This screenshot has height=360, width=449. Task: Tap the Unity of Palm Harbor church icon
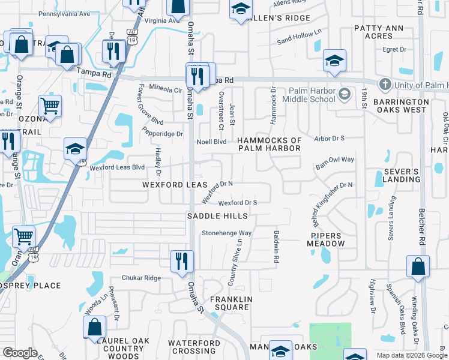click(x=385, y=84)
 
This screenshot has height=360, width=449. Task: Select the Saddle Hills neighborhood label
click(x=217, y=216)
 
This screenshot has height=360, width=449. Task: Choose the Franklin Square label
click(x=230, y=303)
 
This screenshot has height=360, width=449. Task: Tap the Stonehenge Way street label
click(x=226, y=233)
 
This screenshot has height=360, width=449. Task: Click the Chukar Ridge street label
click(x=141, y=278)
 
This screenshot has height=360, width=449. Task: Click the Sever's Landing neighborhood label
click(x=397, y=175)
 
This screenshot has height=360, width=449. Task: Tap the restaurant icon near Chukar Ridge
click(x=182, y=261)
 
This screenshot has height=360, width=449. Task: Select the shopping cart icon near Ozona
click(x=50, y=107)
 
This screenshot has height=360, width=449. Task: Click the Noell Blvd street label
click(x=212, y=142)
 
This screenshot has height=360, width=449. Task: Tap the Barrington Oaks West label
click(x=400, y=106)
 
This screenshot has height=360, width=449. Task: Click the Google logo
click(x=20, y=352)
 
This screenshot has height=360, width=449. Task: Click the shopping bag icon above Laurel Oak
click(x=94, y=327)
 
